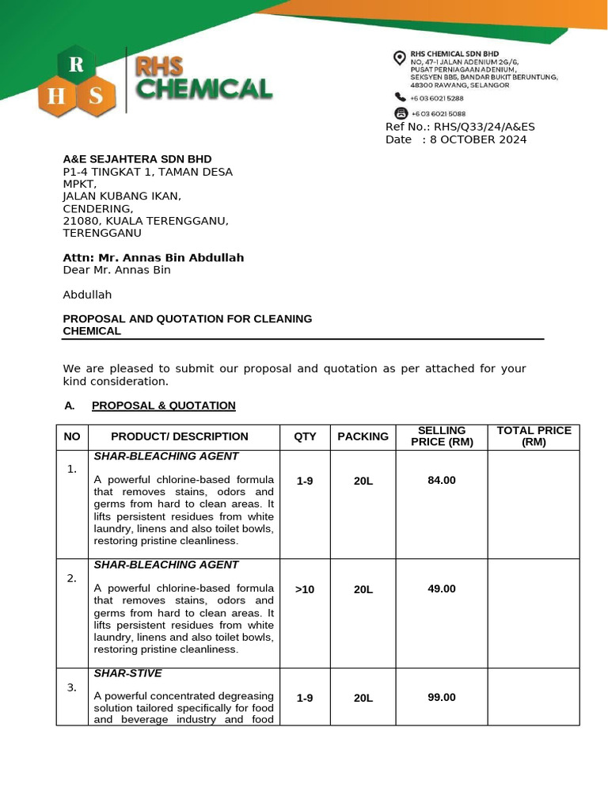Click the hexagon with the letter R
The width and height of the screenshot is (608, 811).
76,67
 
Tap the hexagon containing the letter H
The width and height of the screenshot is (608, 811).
56,97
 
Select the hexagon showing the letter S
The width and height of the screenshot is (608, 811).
96,97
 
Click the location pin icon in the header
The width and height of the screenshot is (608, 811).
400,57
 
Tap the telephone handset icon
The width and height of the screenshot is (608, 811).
400,97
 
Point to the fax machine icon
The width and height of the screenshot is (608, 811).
400,113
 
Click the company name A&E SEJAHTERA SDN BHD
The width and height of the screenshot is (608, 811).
137,159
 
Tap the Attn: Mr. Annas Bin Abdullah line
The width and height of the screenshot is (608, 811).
154,257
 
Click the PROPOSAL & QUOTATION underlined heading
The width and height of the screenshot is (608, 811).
163,405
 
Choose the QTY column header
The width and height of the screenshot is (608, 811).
305,436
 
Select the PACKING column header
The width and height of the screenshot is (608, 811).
363,436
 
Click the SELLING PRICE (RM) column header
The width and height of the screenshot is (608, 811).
442,436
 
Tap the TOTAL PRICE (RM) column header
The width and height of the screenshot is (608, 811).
534,436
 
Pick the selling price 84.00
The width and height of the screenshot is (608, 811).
442,480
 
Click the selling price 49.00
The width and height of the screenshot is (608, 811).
442,588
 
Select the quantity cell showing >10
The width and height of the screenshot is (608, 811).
305,589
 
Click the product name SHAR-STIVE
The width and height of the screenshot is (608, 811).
127,673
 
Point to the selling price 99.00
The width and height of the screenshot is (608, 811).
442,698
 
